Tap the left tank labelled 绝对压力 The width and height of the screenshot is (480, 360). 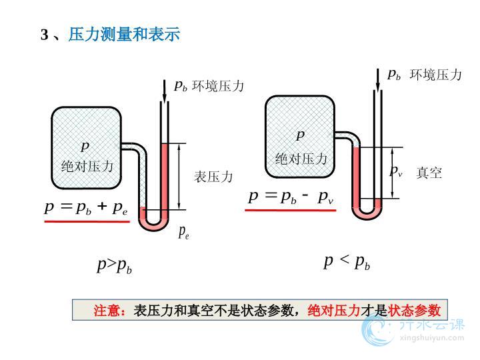[x=87, y=148]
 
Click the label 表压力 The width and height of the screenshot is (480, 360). [x=213, y=177]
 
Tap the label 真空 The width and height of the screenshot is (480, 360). [x=429, y=173]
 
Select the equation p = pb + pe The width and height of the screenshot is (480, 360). [x=86, y=207]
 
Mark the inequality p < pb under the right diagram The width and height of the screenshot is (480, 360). [x=347, y=262]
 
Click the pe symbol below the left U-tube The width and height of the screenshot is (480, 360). [x=183, y=232]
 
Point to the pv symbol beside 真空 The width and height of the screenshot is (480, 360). [x=396, y=172]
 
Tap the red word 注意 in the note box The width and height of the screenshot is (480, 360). [x=107, y=311]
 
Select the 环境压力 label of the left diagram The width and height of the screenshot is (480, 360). [x=218, y=86]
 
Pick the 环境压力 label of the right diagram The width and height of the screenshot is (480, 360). [x=435, y=75]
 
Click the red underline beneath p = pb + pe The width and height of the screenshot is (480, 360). [x=87, y=221]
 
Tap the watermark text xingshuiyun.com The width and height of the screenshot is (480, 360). [x=434, y=337]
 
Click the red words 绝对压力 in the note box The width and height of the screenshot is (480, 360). [x=333, y=311]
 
